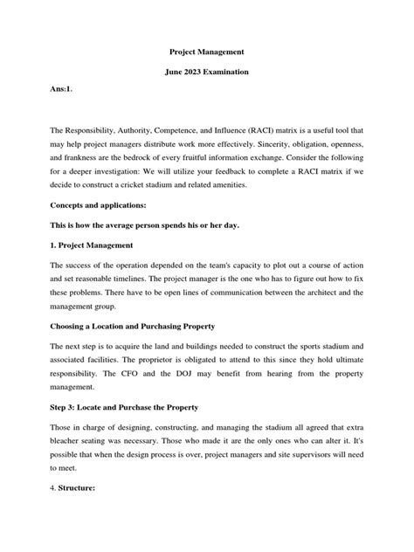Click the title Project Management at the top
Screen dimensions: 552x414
tap(207, 52)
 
